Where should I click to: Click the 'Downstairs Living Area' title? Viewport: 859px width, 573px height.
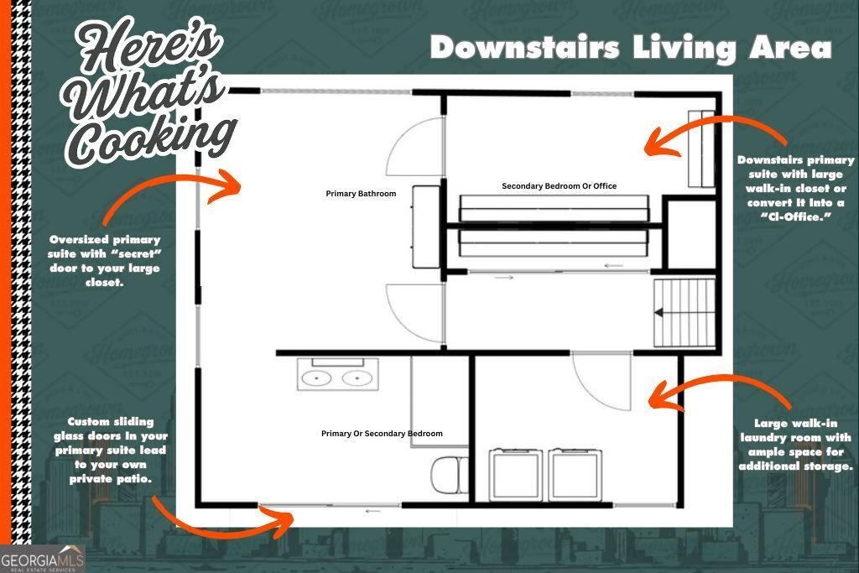click(x=631, y=48)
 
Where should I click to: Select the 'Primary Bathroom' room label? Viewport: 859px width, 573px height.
click(x=361, y=193)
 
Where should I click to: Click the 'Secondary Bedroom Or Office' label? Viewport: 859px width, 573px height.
click(x=560, y=186)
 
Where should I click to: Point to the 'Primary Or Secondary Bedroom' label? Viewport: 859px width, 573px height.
click(x=382, y=433)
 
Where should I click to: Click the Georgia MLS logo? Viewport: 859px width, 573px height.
click(x=43, y=559)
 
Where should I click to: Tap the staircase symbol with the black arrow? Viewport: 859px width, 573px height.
click(x=685, y=313)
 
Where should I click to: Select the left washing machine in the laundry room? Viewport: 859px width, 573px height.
click(x=516, y=474)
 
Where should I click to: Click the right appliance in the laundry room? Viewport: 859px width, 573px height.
click(x=575, y=474)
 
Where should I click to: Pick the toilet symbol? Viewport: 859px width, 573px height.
click(x=450, y=476)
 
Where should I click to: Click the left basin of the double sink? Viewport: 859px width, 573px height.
click(x=316, y=378)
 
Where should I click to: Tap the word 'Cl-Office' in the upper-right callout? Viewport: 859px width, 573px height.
click(x=795, y=217)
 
